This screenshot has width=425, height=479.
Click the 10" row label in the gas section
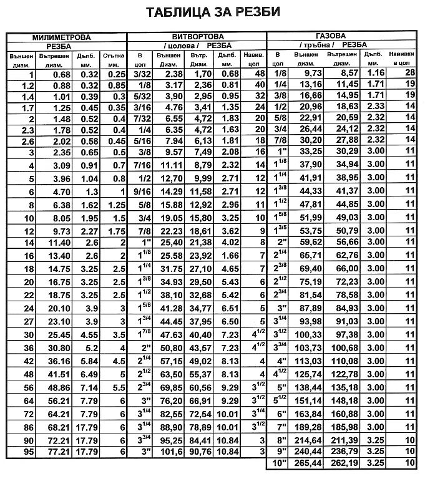[278, 463]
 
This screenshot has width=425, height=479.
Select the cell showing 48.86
[48, 387]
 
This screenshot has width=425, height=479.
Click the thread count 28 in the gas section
[409, 72]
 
